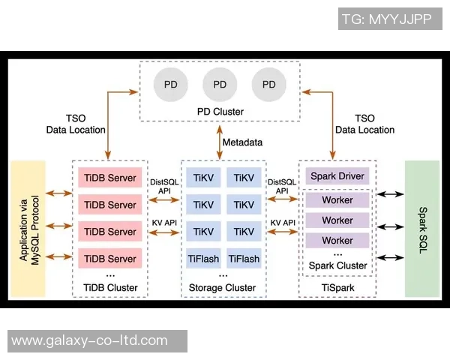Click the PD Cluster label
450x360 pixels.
tap(220, 112)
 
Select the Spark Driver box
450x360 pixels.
tap(337, 176)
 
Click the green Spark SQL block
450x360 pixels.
tap(421, 228)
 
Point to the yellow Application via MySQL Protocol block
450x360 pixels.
tap(28, 228)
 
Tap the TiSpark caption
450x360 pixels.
tap(337, 287)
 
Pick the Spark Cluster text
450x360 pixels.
tap(337, 265)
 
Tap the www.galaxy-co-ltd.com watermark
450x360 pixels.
tap(90, 340)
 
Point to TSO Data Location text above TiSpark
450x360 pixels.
tap(364, 124)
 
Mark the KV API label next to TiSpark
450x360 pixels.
tap(282, 223)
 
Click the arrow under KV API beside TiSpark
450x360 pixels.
tap(282, 234)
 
